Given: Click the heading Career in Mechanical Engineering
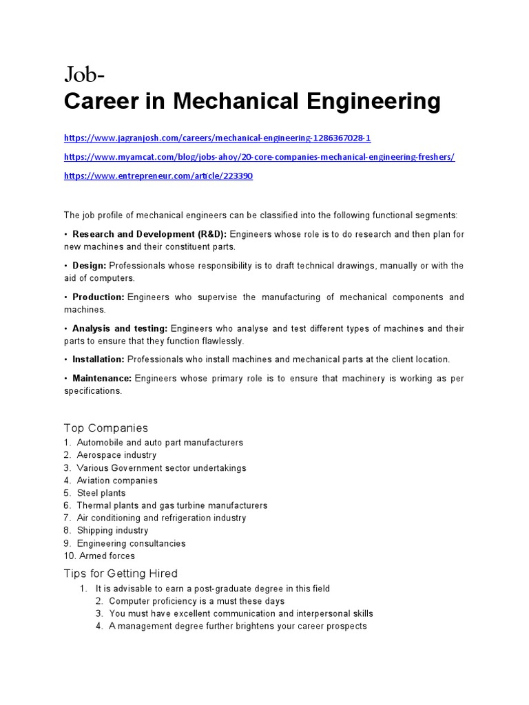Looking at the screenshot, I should pos(252,101).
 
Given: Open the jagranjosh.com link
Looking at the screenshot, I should pos(217,138).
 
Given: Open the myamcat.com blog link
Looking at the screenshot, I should pos(259,157).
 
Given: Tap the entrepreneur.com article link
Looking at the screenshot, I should pos(158,176).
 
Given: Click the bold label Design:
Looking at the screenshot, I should pos(90,266).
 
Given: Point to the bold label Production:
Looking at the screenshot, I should pos(98,297).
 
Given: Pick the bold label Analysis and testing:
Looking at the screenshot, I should pos(120,329).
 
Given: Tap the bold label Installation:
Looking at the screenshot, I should pos(98,359).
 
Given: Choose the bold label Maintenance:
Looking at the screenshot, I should pos(102,379).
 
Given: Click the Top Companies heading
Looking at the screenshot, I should pos(105,428).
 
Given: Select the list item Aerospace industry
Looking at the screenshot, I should pos(116,455).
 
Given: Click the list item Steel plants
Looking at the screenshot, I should pos(101,493).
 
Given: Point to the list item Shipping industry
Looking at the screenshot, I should pos(112,530).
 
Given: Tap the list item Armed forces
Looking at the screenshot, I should pos(107,556).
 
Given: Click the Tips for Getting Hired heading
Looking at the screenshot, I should pos(121,574).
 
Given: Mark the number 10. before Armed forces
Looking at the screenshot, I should pos(70,556).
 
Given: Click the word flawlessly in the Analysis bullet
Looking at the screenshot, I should pos(221,341).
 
